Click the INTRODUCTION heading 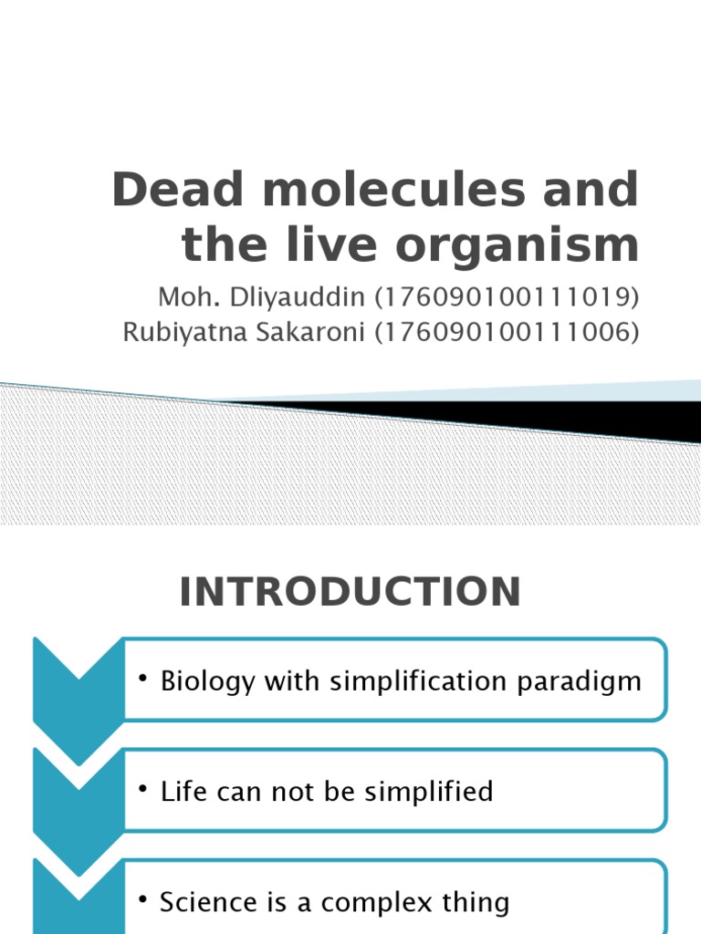tap(350, 593)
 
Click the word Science tap(208, 902)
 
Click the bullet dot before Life tap(144, 790)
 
